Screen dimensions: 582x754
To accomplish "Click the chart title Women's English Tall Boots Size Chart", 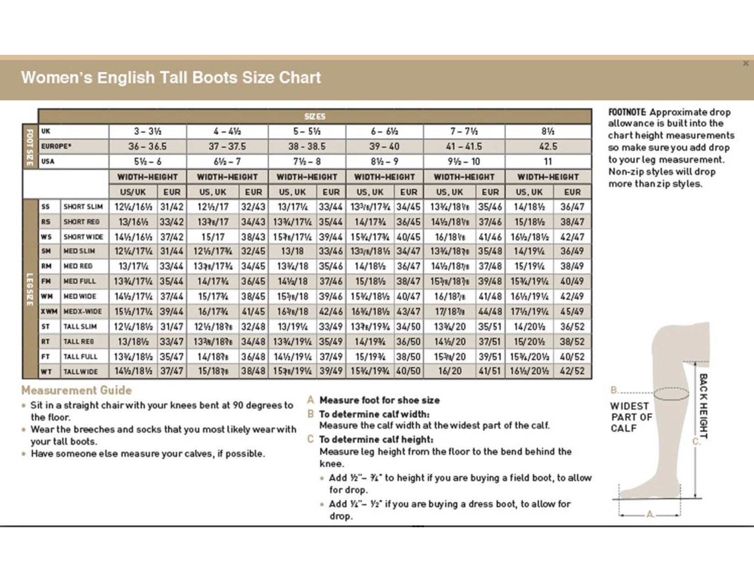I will point(171,78).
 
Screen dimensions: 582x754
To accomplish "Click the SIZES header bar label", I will point(315,116).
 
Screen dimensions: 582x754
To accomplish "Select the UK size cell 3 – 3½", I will point(148,131).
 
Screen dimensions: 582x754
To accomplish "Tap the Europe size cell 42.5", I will point(548,147).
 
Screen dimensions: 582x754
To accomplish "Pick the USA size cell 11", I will point(548,162).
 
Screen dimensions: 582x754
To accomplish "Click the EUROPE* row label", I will point(56,147).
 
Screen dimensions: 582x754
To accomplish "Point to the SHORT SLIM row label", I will point(83,207).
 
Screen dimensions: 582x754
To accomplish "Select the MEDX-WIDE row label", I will point(83,311).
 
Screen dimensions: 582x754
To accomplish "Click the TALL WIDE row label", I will point(80,372).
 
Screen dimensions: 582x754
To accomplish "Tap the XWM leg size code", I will point(49,311).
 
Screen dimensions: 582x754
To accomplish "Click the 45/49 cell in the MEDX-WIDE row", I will point(572,311).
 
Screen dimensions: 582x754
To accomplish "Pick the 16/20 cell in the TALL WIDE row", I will point(450,371).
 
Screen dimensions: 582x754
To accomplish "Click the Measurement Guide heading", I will point(76,390).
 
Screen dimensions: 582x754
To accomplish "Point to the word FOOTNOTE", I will point(627,112).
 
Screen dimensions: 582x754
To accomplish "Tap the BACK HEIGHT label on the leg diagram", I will point(703,406).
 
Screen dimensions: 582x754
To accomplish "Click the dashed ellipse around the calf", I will point(671,393).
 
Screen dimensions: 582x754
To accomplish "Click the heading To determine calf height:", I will point(376,440).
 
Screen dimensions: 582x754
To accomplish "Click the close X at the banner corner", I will point(746,63).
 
